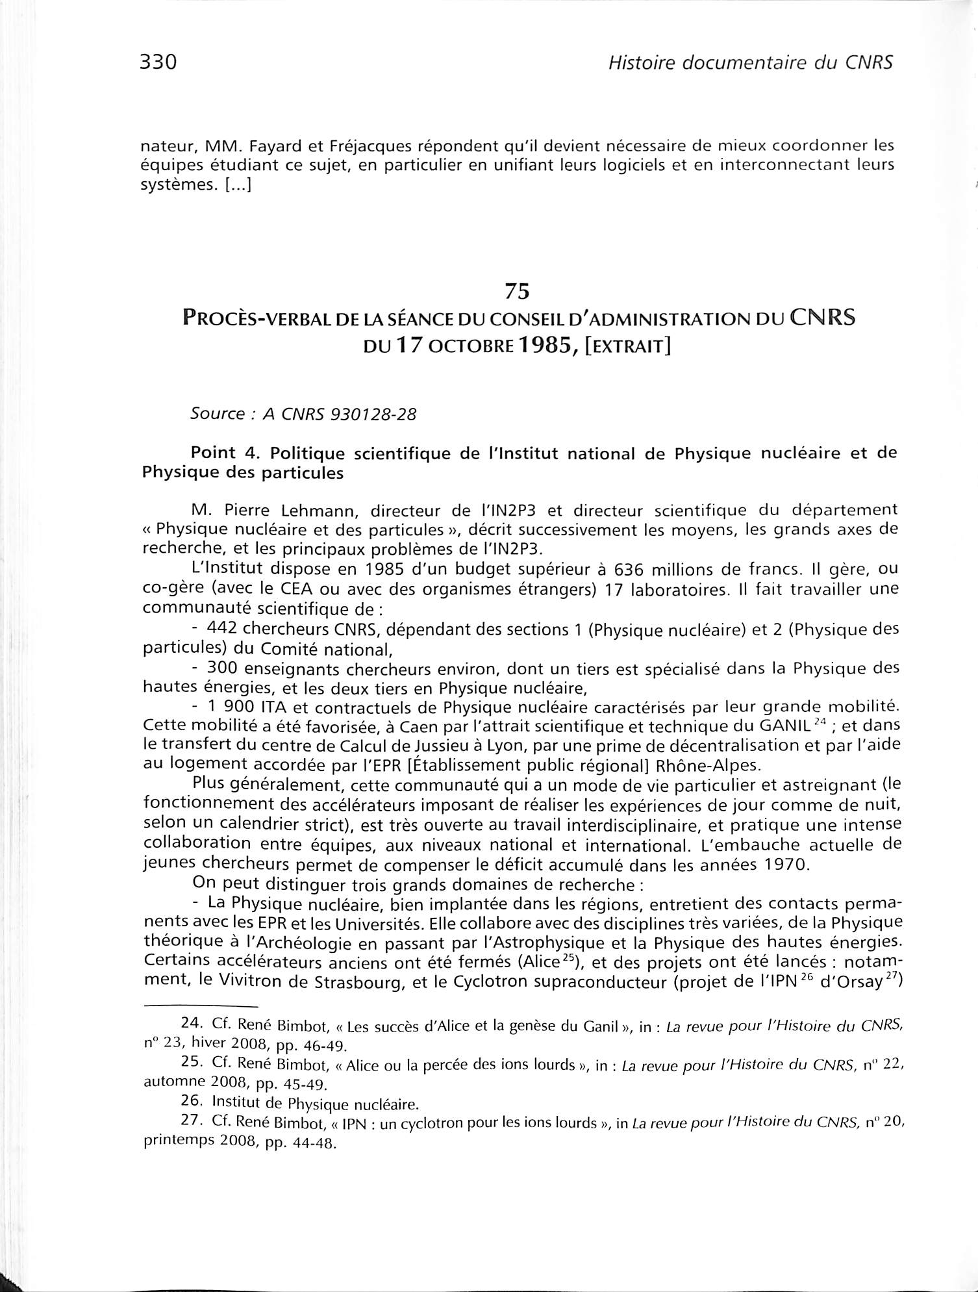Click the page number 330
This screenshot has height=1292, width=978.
point(158,62)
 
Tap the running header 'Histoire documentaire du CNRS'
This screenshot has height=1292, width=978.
point(747,62)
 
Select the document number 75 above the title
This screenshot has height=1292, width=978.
point(518,292)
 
